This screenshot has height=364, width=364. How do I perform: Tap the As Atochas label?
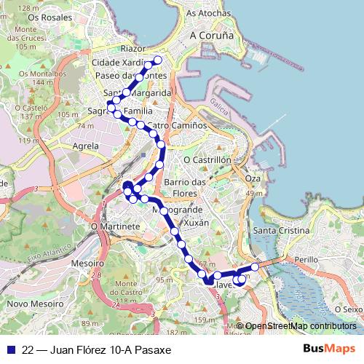[x=207, y=13]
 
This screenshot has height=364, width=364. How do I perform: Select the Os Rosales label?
[x=44, y=16]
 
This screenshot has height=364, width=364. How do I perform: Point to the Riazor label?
[x=134, y=48]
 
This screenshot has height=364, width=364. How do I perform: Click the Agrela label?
[x=86, y=146]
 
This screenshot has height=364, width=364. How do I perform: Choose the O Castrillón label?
[x=207, y=159]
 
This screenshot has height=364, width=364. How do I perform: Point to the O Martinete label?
[x=115, y=226]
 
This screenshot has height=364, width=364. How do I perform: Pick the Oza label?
[x=253, y=178]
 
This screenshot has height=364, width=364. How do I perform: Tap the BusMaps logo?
[x=328, y=349]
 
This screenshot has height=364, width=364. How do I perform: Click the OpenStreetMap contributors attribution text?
[x=300, y=326]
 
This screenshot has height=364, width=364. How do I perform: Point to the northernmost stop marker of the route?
[x=158, y=60]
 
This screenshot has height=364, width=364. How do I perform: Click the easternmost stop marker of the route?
[x=254, y=266]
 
